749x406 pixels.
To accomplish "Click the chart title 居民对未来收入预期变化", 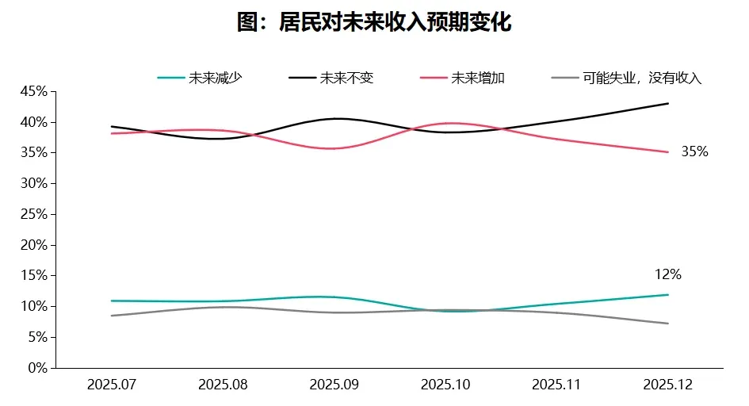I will pos(374,23).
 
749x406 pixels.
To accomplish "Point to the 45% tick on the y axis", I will pos(34,91).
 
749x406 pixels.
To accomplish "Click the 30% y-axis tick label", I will pos(34,183).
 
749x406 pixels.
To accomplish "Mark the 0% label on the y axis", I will pos(37,368).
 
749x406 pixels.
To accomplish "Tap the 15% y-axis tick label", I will pos(34,276).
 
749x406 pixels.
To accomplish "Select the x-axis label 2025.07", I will pos(112,385).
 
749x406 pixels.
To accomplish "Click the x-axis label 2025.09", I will pos(334,385).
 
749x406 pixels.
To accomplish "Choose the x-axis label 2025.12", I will pos(668,385).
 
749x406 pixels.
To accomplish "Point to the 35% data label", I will pos(694,152).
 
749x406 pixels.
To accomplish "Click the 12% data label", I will pos(667,275).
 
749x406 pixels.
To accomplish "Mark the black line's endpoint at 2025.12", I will pos(668,103).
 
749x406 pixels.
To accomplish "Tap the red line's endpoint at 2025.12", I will pos(668,152).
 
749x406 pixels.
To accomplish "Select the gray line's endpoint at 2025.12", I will pos(668,324).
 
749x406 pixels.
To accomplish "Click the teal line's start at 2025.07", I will pos(112,301).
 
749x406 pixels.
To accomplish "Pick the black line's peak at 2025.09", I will pos(336,119).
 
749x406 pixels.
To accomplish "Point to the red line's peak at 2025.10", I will pos(449,123).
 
